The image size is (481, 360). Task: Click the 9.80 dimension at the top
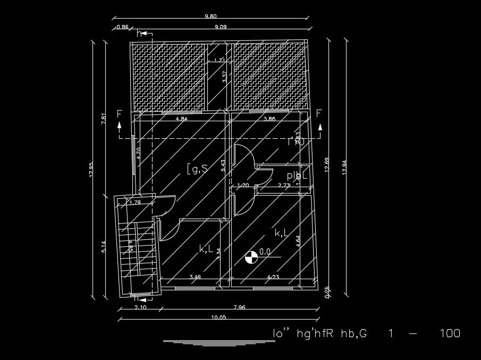210,16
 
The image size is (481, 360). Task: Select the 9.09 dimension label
221,27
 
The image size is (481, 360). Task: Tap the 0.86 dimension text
122,27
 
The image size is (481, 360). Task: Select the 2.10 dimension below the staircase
140,307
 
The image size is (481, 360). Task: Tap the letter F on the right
319,113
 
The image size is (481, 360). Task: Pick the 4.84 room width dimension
182,119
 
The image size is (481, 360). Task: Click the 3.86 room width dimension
269,119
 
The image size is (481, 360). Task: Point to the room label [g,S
196,169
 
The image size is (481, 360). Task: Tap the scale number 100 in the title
450,334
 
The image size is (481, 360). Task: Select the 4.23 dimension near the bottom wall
273,277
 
